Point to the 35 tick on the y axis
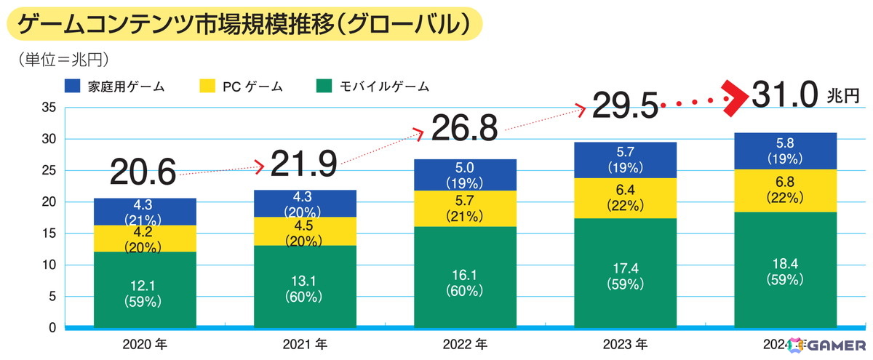tap(49, 108)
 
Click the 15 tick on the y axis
tap(49, 233)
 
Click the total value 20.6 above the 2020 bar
tap(143, 172)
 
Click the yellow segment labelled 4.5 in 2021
tap(305, 231)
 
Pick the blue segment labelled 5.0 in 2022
tap(465, 175)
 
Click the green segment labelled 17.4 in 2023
tap(625, 273)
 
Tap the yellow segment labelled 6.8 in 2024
tap(785, 191)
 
